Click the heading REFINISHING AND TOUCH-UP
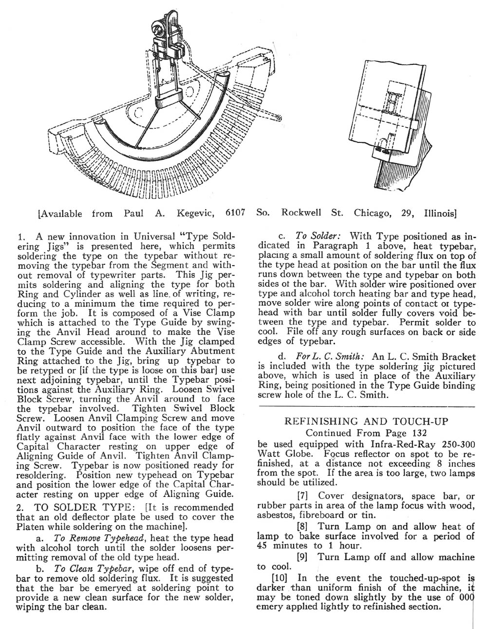(366, 421)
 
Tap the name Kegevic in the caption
(191, 213)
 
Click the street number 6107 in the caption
(235, 213)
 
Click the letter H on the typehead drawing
(393, 101)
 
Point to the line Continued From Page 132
(366, 432)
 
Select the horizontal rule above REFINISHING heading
(366, 406)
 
